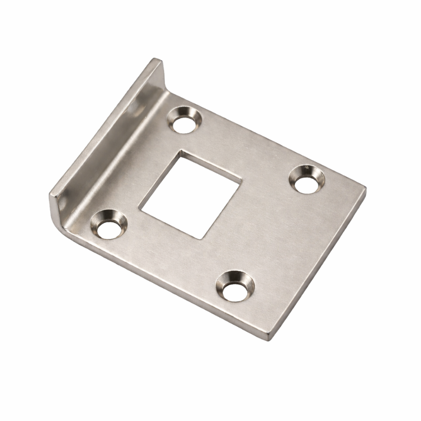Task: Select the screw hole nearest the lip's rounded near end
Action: (x=108, y=226)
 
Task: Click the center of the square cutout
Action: (x=191, y=195)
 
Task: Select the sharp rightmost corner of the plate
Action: (x=366, y=188)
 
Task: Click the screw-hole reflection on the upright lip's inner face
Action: (x=133, y=106)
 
